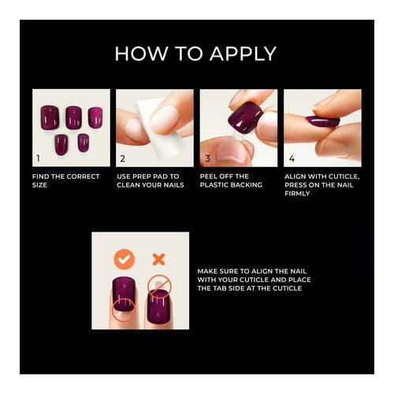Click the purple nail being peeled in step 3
click(245, 117)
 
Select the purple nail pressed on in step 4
click(322, 121)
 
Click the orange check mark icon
click(124, 259)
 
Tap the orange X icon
click(158, 259)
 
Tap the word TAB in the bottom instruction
click(223, 288)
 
